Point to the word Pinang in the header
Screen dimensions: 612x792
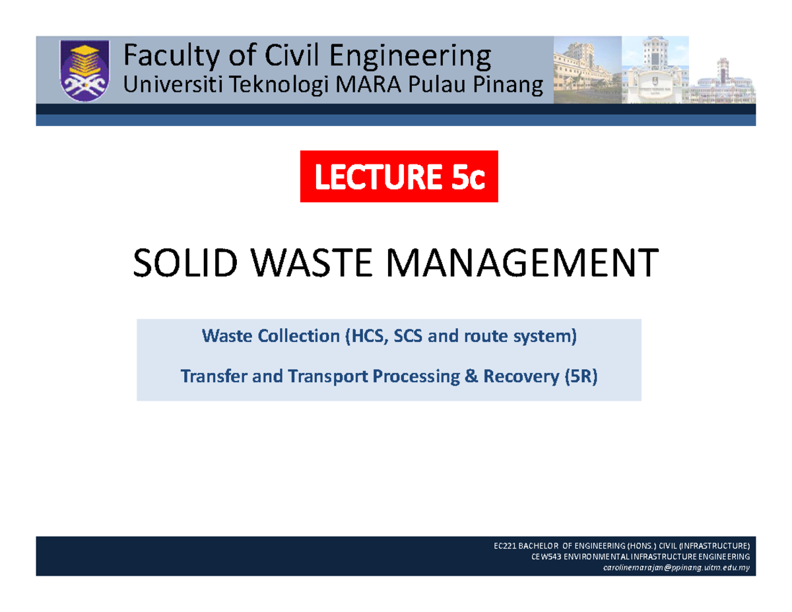coord(508,85)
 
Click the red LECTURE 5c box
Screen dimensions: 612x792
coord(399,176)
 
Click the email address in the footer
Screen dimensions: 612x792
coord(676,568)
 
